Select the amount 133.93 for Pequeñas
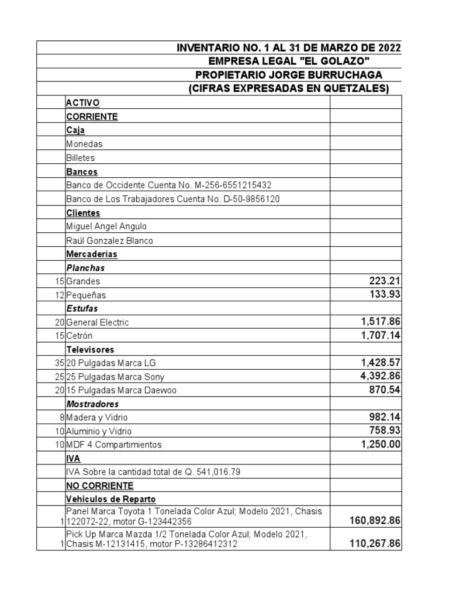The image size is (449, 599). click(384, 294)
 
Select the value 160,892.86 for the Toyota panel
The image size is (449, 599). click(367, 519)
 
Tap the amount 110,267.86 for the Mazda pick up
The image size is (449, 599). click(367, 543)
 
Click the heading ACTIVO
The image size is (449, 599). click(82, 103)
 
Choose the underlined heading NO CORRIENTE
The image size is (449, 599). click(99, 486)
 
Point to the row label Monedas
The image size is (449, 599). click(84, 144)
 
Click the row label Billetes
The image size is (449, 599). click(81, 158)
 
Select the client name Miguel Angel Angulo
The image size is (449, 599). click(106, 226)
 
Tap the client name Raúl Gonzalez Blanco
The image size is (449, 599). click(110, 240)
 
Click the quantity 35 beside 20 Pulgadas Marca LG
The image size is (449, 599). click(59, 363)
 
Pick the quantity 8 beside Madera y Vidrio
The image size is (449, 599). click(61, 418)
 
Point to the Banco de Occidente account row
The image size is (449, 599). click(169, 185)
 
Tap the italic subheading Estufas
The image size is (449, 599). click(82, 308)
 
